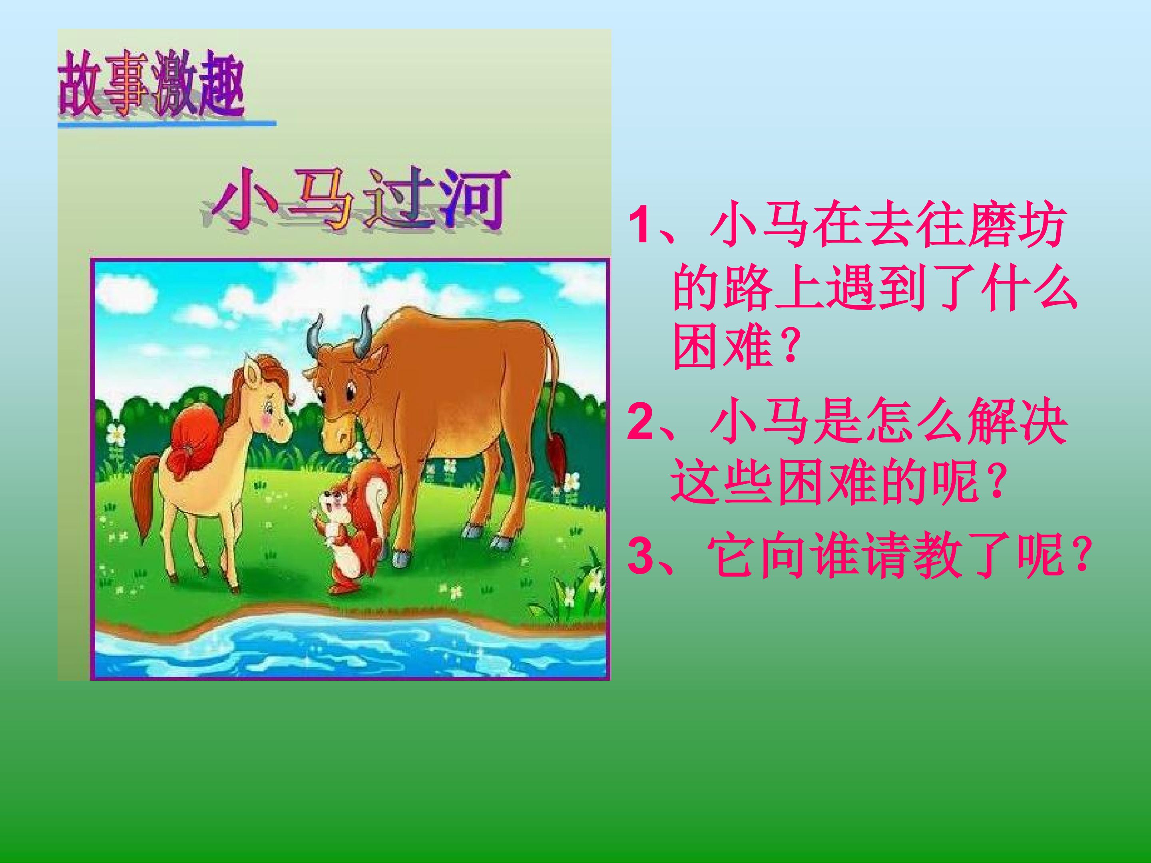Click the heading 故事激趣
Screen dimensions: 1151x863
point(151,83)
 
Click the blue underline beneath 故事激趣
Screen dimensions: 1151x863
point(167,124)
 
